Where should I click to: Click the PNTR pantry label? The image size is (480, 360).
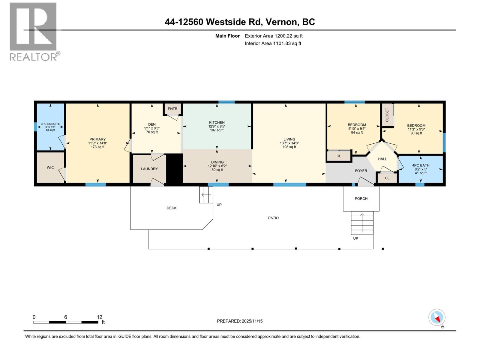[172, 109]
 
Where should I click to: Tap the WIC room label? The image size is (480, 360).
[50, 167]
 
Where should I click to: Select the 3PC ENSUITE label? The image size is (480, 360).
[50, 124]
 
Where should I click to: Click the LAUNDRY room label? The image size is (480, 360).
[149, 169]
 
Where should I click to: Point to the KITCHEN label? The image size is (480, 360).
[217, 122]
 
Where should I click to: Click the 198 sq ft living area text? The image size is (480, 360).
[289, 147]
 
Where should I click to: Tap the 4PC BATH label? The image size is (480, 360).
[421, 165]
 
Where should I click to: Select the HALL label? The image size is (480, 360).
[382, 159]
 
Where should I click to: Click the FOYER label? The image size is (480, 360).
[361, 171]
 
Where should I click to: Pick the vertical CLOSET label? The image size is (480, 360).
[387, 115]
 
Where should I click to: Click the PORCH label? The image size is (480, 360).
[361, 199]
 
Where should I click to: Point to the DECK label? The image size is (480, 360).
[172, 208]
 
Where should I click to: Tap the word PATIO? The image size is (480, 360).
[273, 218]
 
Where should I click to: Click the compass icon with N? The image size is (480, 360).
[437, 318]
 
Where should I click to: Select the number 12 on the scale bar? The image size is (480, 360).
[99, 317]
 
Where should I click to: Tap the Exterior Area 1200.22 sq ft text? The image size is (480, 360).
[274, 36]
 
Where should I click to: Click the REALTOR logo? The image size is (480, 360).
[34, 31]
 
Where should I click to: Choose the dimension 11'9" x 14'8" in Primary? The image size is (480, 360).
[97, 143]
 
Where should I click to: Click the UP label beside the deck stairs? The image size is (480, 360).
[219, 205]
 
